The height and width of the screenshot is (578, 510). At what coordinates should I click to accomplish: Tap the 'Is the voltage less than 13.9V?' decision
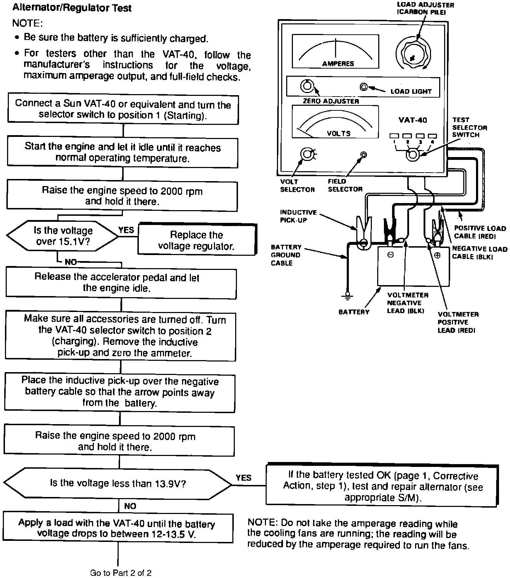(118, 483)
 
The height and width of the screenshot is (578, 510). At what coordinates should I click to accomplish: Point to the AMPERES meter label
(338, 64)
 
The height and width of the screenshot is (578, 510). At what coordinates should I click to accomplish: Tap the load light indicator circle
(363, 87)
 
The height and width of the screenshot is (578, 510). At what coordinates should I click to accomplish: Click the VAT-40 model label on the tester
(413, 120)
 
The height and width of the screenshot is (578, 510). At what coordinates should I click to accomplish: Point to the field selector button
(363, 155)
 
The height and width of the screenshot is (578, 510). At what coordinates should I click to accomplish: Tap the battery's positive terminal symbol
(437, 255)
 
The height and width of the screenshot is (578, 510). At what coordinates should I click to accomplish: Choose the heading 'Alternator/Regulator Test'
(72, 8)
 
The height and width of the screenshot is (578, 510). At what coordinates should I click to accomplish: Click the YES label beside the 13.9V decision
(244, 478)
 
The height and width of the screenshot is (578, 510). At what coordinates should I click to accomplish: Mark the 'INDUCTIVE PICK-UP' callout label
(298, 216)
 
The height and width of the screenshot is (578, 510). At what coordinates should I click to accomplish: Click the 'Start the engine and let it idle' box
(123, 152)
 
